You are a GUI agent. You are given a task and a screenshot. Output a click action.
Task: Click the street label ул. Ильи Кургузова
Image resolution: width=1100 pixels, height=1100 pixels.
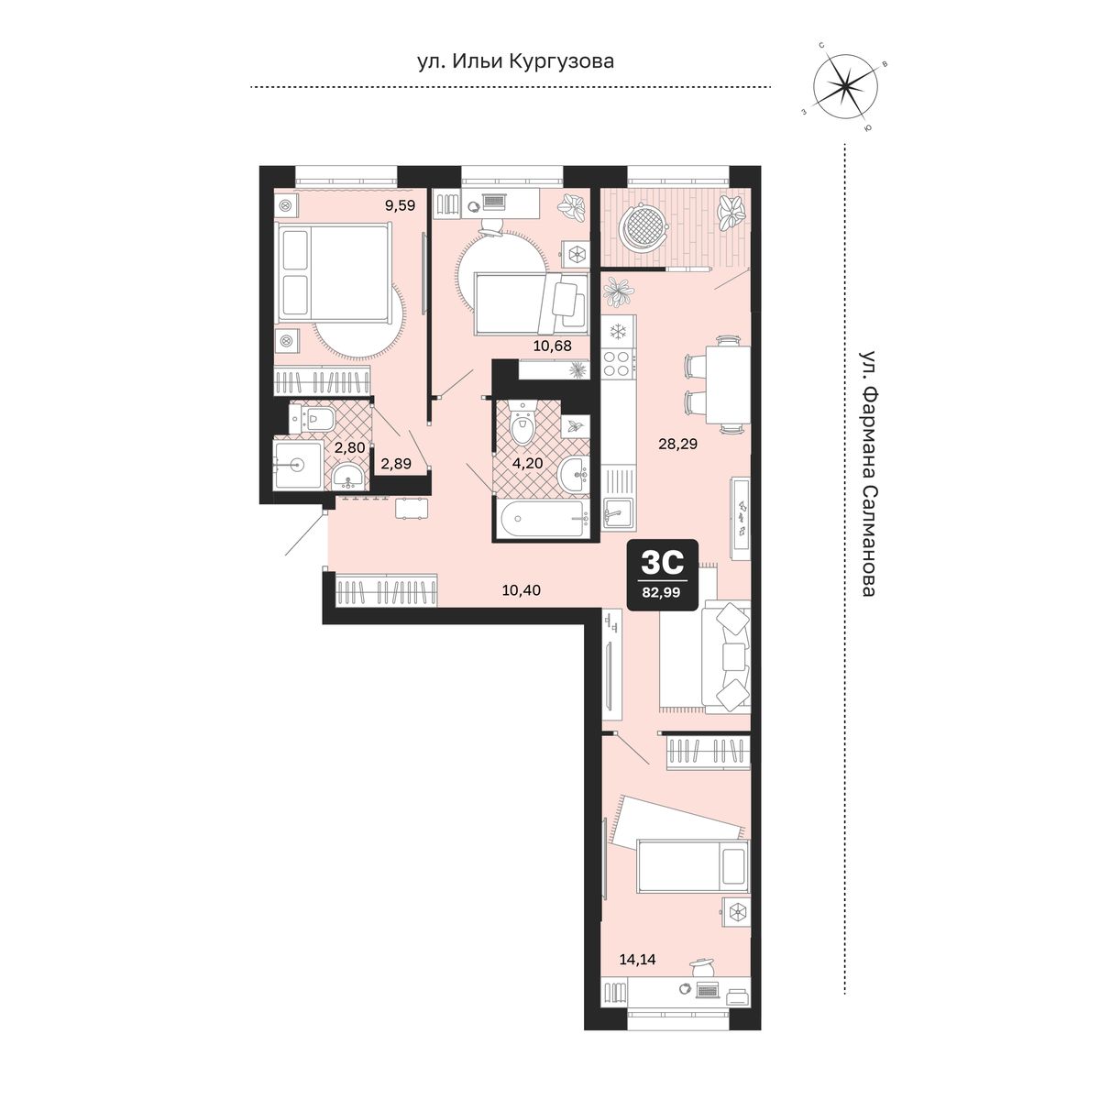pyautogui.click(x=515, y=61)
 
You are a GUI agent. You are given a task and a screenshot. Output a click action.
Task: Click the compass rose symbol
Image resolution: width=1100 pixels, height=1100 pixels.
pyautogui.click(x=844, y=86)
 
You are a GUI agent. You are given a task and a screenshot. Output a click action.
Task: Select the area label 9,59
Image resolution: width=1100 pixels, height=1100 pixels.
pyautogui.click(x=400, y=205)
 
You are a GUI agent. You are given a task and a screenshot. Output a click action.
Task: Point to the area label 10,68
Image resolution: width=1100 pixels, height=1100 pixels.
pyautogui.click(x=552, y=346)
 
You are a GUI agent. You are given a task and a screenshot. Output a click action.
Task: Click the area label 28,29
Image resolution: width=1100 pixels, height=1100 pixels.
pyautogui.click(x=678, y=444)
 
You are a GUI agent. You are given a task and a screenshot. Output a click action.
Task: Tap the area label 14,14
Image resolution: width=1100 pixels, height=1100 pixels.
pyautogui.click(x=638, y=960)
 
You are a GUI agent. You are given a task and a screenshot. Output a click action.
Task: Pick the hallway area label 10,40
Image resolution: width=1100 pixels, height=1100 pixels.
pyautogui.click(x=522, y=590)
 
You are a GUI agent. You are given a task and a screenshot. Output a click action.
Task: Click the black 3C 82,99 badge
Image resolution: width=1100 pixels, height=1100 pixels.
pyautogui.click(x=662, y=575)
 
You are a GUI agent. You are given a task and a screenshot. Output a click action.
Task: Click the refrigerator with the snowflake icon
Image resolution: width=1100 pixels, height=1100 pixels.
pyautogui.click(x=618, y=331)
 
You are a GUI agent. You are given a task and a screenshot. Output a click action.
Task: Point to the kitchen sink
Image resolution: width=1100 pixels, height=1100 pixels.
pyautogui.click(x=619, y=512)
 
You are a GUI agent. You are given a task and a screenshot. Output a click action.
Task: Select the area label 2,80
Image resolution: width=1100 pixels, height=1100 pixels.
pyautogui.click(x=349, y=447)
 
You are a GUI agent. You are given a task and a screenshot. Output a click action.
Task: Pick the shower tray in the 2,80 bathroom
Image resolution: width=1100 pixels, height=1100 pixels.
pyautogui.click(x=298, y=465)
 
